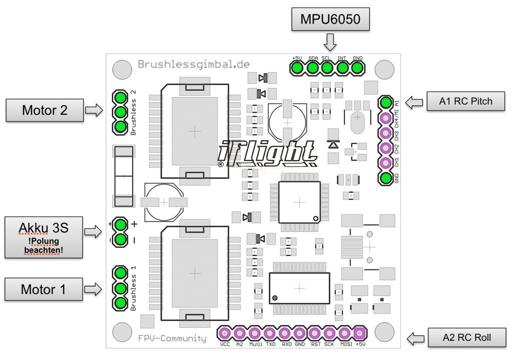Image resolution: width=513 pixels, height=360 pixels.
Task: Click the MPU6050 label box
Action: (330, 20)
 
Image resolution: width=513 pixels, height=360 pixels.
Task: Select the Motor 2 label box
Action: (45, 110)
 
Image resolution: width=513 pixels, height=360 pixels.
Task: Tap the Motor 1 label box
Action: (44, 289)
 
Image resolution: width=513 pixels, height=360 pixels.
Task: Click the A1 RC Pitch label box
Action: (465, 101)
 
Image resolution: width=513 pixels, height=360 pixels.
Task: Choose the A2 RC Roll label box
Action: (466, 337)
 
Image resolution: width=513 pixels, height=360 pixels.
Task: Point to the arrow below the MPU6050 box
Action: (330, 42)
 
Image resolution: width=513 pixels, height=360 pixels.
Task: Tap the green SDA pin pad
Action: (313, 68)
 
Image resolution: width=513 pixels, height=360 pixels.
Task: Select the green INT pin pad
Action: (343, 68)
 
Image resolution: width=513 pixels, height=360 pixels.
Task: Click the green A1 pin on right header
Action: (385, 103)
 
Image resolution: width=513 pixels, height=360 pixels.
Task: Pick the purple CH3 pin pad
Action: (385, 133)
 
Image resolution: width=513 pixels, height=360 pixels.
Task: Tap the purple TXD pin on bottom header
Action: (270, 333)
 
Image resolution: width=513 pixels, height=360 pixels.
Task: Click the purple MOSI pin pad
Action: (345, 333)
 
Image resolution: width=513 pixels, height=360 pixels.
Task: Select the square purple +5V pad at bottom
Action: (359, 333)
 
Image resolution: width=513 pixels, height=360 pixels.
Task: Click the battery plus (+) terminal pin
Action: (120, 224)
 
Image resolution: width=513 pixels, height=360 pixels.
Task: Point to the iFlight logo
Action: (268, 153)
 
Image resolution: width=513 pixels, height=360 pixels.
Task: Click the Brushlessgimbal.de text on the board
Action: (193, 65)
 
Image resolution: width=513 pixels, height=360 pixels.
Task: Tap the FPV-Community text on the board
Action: (172, 338)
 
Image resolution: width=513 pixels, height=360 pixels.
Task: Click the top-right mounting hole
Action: (384, 69)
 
